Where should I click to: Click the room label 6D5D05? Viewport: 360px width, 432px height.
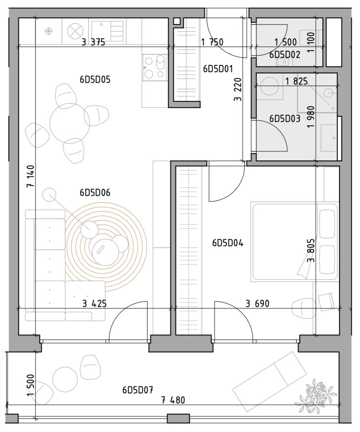point(95,80)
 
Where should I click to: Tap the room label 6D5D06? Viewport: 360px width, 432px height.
point(95,192)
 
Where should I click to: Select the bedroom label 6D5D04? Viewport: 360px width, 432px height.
point(228,243)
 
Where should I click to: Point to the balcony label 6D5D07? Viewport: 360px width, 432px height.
point(138,390)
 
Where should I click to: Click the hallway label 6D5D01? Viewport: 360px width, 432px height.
point(218,69)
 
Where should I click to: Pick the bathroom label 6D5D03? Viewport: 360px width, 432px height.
point(285,119)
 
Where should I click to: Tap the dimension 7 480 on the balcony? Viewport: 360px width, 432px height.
point(173,400)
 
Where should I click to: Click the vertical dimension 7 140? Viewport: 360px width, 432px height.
point(30,176)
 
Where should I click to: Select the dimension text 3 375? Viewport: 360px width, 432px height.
point(93,42)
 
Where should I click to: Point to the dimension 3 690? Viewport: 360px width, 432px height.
point(257,304)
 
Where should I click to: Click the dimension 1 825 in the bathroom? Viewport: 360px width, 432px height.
point(296,81)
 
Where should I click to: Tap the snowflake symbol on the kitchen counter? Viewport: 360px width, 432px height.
point(49,31)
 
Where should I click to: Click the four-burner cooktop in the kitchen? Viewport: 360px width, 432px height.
point(155,67)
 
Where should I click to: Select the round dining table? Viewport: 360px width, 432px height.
point(70,123)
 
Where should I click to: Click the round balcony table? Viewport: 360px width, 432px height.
point(65,379)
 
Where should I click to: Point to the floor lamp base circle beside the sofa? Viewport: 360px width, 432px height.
point(49,195)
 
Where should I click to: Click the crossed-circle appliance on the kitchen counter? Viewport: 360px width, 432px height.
point(75,31)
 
